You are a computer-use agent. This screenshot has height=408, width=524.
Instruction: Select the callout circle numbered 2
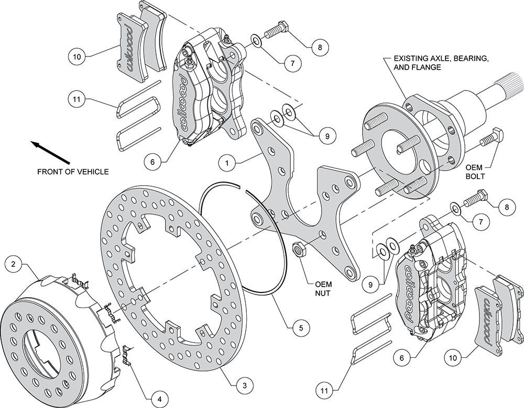tap(14, 265)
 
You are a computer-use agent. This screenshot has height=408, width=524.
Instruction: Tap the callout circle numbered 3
tap(245, 386)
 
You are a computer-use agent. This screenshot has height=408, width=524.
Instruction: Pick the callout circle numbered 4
tap(159, 399)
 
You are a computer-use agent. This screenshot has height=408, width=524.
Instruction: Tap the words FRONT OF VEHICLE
tap(73, 172)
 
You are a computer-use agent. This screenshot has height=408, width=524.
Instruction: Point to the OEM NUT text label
tap(323, 289)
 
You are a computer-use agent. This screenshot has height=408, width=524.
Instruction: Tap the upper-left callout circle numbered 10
tap(77, 56)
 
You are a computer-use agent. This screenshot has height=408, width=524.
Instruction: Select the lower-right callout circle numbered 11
tap(324, 390)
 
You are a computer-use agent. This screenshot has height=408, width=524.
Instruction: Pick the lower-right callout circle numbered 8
tap(507, 208)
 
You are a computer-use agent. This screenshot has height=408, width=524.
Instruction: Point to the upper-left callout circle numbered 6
tap(152, 163)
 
